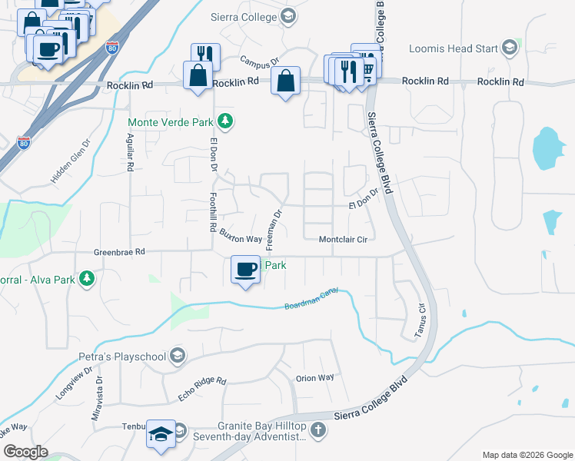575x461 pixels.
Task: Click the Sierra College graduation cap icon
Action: pos(287,15)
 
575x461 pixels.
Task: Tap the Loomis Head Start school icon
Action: pos(509,48)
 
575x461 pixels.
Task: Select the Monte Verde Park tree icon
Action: pos(225,121)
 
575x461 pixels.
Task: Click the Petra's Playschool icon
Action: pos(178,356)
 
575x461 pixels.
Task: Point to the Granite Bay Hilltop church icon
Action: pos(318,431)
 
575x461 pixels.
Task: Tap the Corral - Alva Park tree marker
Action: pos(88,278)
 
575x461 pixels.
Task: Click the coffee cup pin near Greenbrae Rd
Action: pos(246,270)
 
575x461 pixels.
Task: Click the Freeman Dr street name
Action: pos(274,230)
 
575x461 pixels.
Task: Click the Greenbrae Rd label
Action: pos(119,251)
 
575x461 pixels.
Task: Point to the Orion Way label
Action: pos(315,377)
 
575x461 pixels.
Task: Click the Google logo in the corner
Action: pos(25,452)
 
